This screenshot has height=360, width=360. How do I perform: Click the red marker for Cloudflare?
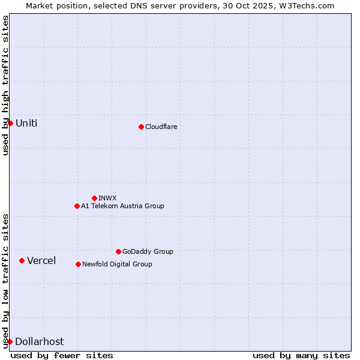coord(141,127)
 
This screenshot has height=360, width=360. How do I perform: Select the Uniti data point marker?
coord(10,123)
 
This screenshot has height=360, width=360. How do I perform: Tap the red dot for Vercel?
coord(22,260)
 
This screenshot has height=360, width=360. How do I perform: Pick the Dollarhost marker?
coord(10,341)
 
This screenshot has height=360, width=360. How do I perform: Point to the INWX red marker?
coord(94,198)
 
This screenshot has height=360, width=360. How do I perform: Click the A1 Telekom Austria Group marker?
coord(77,206)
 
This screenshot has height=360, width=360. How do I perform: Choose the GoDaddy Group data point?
coord(118,251)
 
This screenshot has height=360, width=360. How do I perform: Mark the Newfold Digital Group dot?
coord(78,264)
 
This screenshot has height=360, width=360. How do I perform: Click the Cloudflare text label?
coord(161,127)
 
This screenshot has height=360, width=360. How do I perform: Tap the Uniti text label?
coord(26,124)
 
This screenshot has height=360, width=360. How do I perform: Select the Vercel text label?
coord(41,260)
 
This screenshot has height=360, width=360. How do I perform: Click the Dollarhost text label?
coord(39,341)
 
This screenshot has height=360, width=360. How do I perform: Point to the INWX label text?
coord(108,198)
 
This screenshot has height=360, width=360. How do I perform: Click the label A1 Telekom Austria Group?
coord(122,206)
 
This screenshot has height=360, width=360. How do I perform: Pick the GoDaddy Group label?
coord(148,251)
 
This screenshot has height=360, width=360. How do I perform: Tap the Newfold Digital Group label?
coord(117,264)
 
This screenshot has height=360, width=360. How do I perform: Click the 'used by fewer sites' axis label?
coord(62,355)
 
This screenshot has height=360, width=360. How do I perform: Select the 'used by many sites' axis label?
coord(301,355)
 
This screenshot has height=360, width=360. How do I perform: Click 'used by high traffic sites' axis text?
coord(5,85)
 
